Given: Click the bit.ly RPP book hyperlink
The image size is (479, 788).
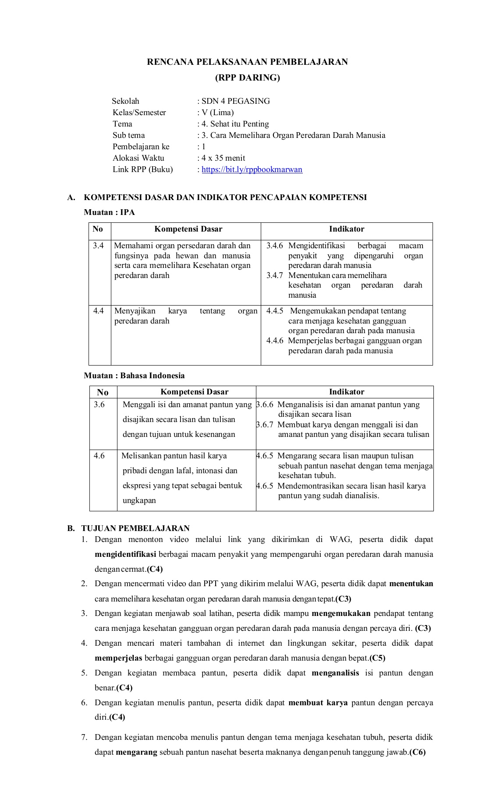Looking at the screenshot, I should pos(252,169).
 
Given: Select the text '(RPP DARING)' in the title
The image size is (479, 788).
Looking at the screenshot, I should pos(247,78).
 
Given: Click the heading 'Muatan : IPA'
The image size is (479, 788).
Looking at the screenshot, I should pos(109,212).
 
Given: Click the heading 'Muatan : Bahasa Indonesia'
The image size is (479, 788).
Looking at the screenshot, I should pos(134,376).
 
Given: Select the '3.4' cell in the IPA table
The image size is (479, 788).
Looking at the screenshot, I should pos(99,246).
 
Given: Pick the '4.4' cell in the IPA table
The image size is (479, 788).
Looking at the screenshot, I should pos(99,311).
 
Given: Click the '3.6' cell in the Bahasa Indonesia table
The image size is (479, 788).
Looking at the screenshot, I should pos(99,405).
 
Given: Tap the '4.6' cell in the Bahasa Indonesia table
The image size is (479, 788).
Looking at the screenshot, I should pos(99,456).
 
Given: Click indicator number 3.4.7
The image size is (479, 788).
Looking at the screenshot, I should pos(275,275).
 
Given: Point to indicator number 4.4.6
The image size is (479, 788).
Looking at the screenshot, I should pos(275,341).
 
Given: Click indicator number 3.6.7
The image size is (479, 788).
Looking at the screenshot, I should pos(265,425).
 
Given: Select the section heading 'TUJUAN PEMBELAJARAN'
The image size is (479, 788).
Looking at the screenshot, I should pos(135,528).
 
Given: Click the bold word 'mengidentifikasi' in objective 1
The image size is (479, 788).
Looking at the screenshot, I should pos(125,554).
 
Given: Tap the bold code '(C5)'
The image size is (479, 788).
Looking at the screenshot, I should pos(377,658).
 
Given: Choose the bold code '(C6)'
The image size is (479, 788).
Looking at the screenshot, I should pos(417,753).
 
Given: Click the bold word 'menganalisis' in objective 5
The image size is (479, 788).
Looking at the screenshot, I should pos(335,673).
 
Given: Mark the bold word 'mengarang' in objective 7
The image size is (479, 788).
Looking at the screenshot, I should pos(136,753).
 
